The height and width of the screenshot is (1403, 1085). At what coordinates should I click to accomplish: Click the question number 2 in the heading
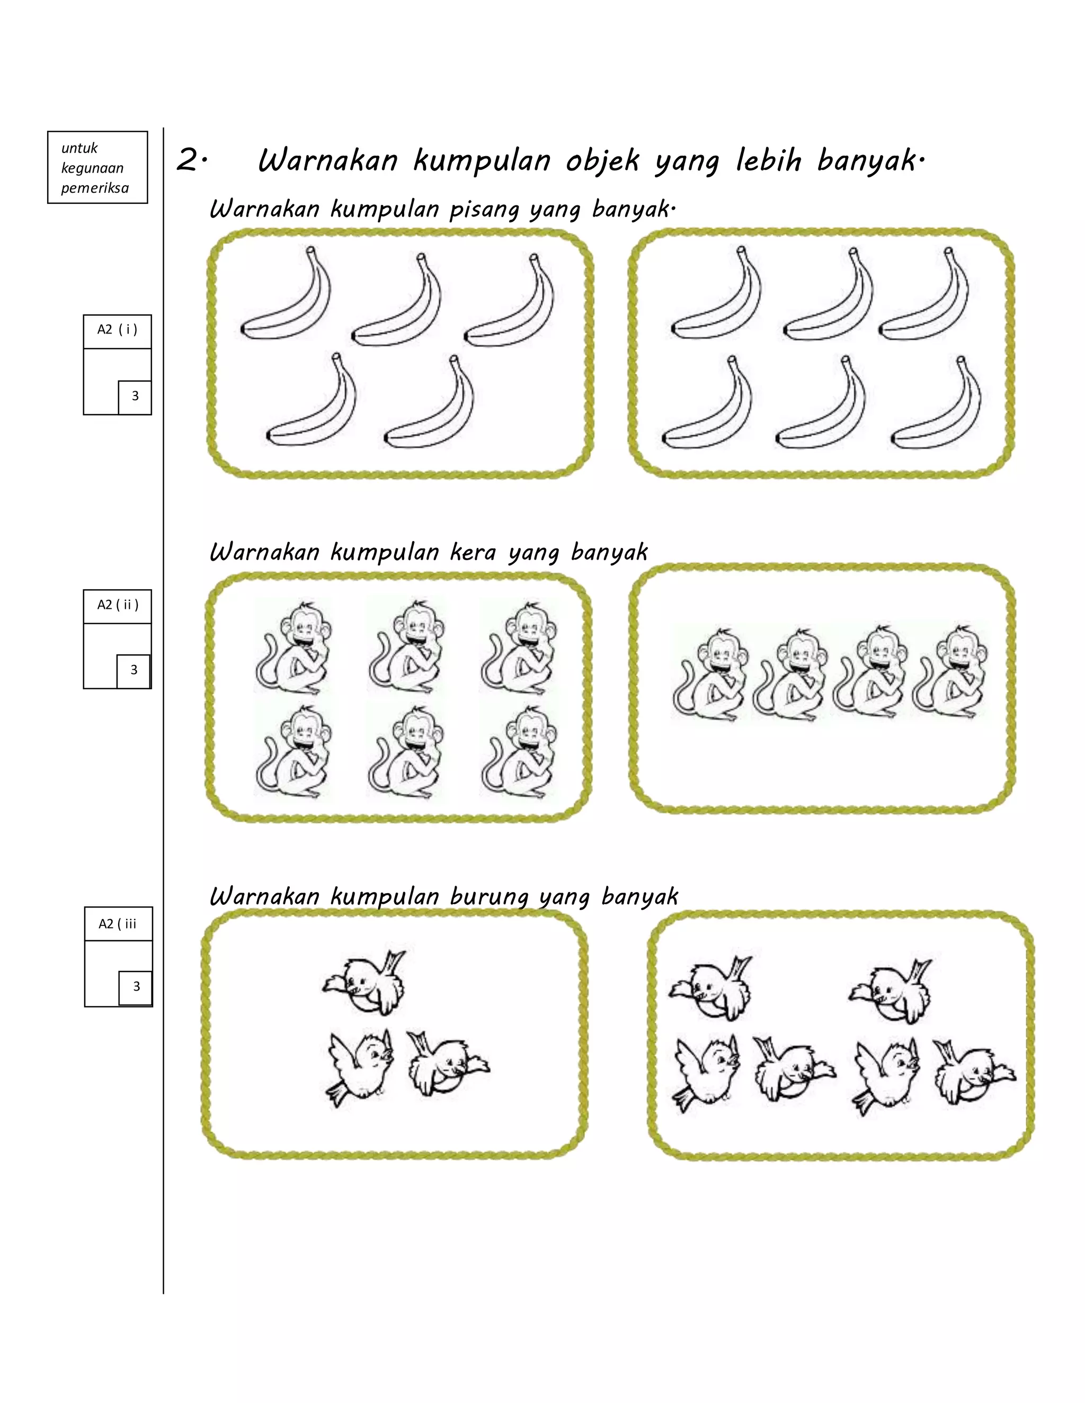pyautogui.click(x=188, y=160)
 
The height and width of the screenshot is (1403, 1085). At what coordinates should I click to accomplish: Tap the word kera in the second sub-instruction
pyautogui.click(x=473, y=552)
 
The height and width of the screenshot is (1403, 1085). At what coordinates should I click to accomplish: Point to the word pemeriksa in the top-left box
pyautogui.click(x=95, y=188)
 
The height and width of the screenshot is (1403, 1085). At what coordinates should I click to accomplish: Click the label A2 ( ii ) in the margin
pyautogui.click(x=118, y=605)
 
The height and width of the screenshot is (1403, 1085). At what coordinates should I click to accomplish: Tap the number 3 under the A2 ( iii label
pyautogui.click(x=136, y=986)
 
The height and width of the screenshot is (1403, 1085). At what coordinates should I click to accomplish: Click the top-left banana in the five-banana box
pyautogui.click(x=287, y=295)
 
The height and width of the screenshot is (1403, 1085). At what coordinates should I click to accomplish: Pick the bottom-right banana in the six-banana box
pyautogui.click(x=938, y=403)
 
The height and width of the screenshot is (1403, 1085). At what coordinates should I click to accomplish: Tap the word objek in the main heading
pyautogui.click(x=602, y=160)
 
